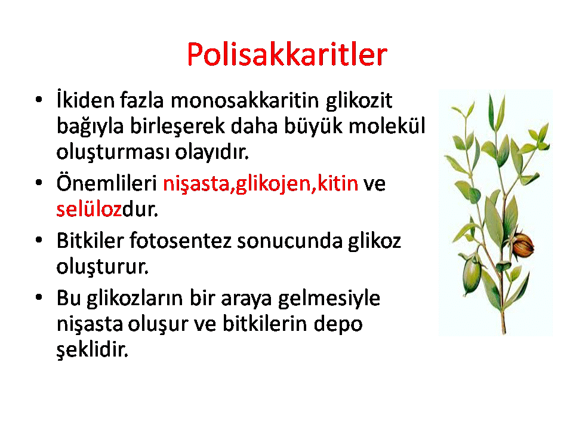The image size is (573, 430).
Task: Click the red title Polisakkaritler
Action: [287, 54]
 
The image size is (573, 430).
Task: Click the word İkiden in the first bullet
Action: [85, 100]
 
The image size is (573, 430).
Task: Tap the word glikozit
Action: [359, 100]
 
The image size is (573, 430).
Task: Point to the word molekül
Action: [387, 126]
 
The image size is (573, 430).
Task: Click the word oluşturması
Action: [113, 152]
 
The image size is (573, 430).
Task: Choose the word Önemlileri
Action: [106, 182]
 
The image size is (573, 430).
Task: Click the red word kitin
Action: [338, 183]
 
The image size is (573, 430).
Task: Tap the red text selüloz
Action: [89, 209]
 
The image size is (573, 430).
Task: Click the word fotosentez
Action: [180, 241]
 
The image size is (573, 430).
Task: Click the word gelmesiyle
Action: [329, 299]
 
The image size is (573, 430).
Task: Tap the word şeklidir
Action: [93, 350]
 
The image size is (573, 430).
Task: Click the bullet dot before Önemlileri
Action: [39, 183]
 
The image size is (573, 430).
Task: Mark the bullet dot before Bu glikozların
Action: [39, 297]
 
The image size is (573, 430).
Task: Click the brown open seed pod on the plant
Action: [523, 245]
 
